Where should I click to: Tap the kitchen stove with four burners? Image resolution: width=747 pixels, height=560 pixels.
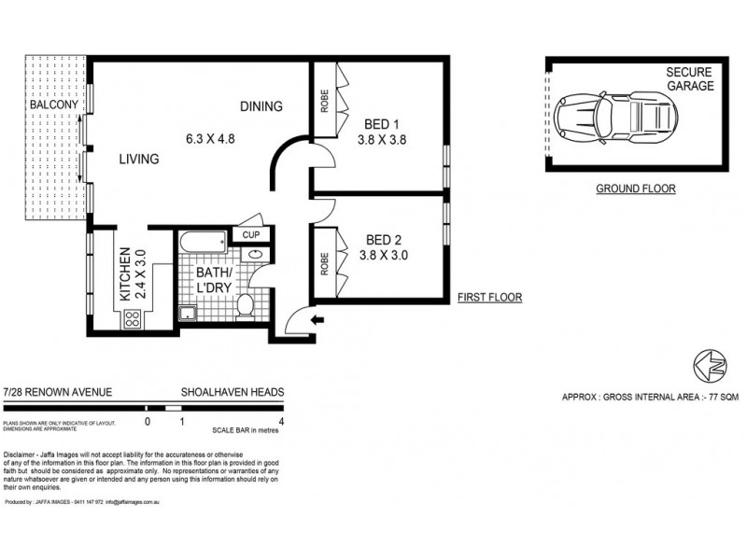(132, 317)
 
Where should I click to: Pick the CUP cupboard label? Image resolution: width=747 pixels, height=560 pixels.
(252, 235)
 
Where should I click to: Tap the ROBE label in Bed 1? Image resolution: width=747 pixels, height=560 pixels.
(324, 100)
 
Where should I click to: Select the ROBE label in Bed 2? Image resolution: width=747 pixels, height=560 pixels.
(324, 264)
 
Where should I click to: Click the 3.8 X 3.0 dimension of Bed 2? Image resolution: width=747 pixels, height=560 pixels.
(385, 254)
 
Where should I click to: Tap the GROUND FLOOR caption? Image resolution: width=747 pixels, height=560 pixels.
(635, 189)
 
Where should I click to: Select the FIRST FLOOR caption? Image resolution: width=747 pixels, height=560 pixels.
(489, 299)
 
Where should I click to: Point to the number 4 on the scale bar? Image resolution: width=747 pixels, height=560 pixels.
(281, 421)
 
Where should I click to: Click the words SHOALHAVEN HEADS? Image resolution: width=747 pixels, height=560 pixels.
(233, 394)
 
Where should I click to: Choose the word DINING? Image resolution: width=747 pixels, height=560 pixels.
(261, 106)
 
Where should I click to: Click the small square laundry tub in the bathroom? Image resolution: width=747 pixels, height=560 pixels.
(188, 313)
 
